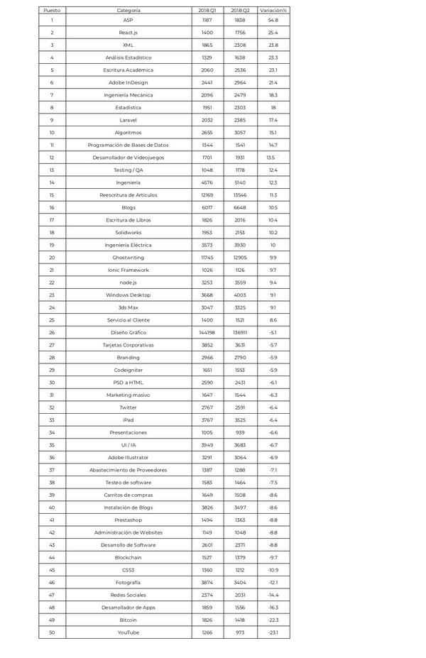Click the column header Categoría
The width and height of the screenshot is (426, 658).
pos(129,11)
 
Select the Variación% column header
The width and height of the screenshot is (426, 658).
pos(273,11)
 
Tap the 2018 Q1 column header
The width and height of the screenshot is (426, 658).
pos(207,11)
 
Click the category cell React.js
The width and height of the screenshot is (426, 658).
pos(129,33)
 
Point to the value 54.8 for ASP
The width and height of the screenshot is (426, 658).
pos(273,21)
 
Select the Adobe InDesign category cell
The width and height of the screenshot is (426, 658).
pos(129,82)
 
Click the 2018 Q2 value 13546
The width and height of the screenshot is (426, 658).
pos(240,194)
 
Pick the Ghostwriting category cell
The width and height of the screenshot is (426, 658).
pos(129,257)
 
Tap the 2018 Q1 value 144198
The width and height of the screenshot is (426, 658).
pos(207,332)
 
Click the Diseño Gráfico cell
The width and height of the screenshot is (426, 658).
pos(129,332)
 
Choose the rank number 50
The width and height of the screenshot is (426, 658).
pos(52,632)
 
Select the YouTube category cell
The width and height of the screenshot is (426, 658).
pos(129,632)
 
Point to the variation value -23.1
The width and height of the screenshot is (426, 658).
pos(273,632)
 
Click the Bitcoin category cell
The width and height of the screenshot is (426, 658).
pos(129,620)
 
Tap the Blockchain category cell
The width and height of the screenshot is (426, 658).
pos(129,557)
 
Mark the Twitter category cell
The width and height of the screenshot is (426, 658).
pos(129,407)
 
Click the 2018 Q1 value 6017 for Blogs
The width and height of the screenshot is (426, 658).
pos(207,207)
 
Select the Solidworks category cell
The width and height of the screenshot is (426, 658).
pos(129,232)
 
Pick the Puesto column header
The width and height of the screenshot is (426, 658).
pos(52,11)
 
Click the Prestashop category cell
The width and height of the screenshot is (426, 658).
pos(129,520)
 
